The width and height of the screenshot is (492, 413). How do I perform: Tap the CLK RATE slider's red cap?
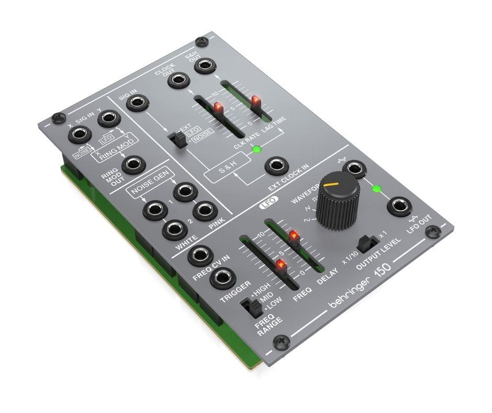click(218, 110)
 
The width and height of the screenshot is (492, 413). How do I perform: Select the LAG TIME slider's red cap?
click(256, 101)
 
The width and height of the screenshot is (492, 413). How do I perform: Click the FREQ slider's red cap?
click(281, 266)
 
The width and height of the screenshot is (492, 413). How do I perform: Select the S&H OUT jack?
click(205, 66)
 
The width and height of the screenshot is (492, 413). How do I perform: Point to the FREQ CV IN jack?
click(199, 255)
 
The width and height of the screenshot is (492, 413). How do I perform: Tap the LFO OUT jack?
click(398, 206)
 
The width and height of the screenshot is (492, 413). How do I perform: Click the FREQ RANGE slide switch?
click(249, 306)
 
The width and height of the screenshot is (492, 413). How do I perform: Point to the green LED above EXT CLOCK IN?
click(256, 150)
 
